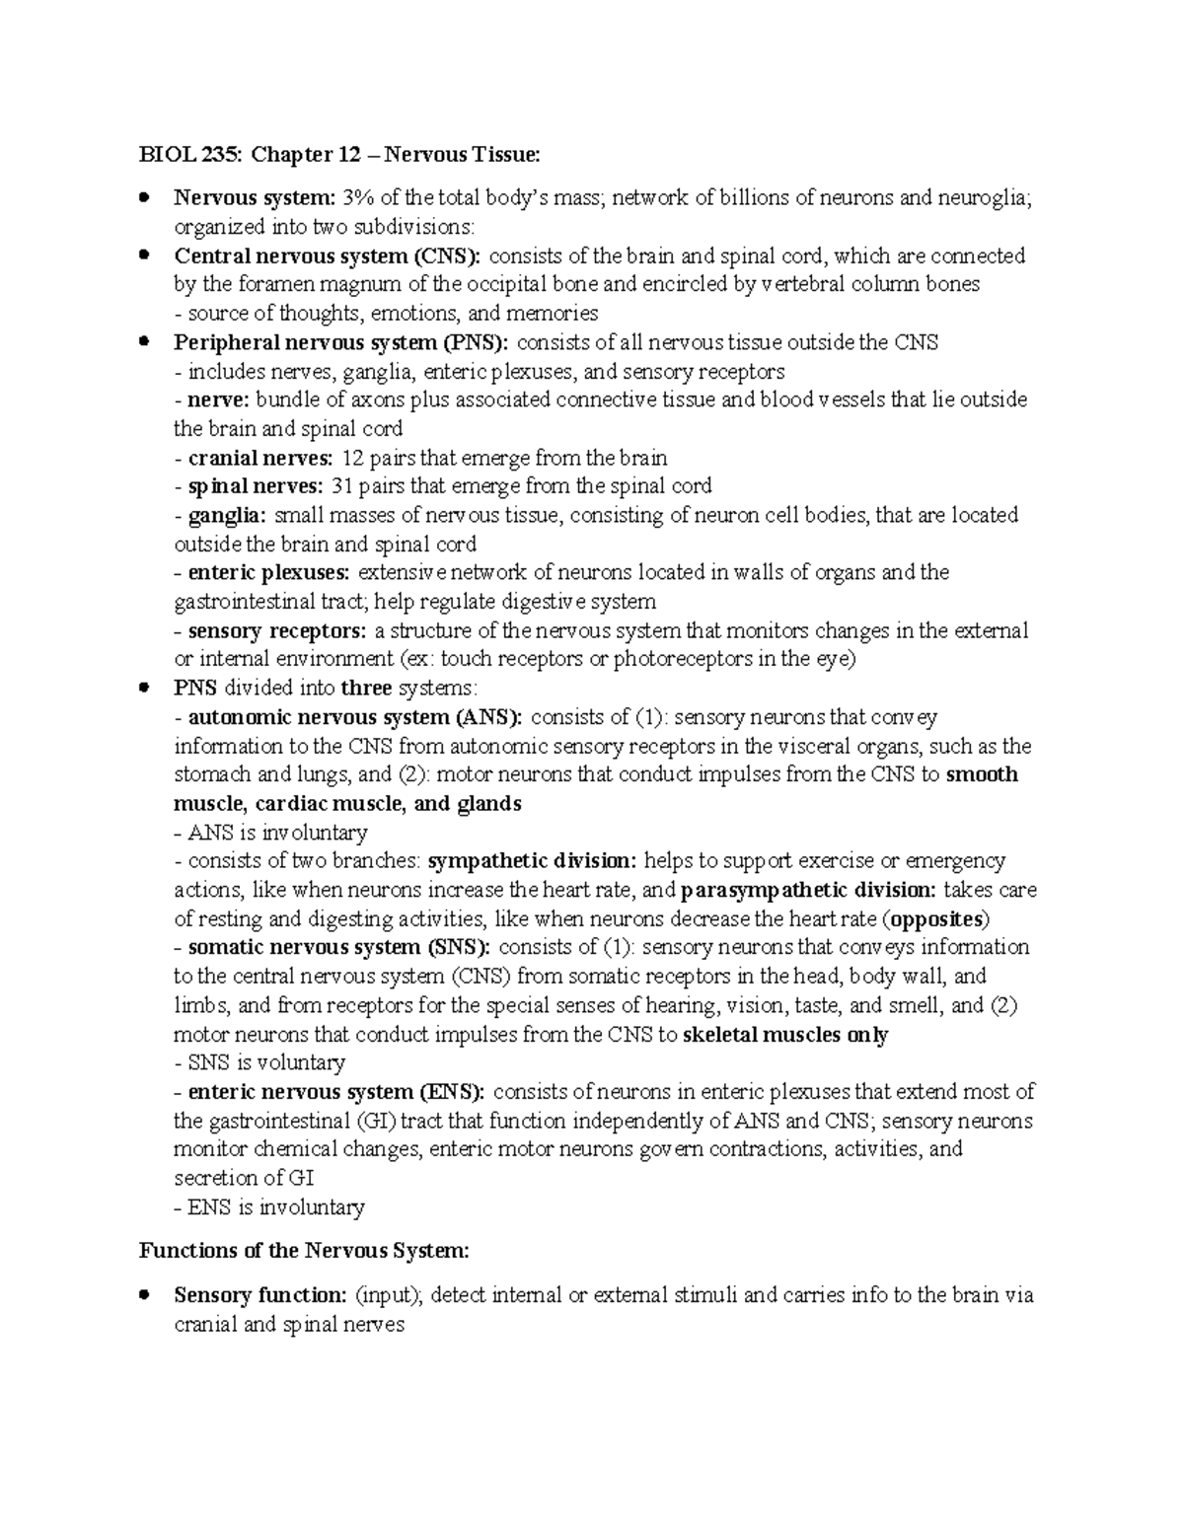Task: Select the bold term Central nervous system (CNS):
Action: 328,256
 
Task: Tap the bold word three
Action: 366,689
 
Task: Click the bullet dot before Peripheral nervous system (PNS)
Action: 145,341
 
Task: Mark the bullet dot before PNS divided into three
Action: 145,688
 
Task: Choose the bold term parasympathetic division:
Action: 809,890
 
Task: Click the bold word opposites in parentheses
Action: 936,919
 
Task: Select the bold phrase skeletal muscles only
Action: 785,1035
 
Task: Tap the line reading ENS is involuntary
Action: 269,1207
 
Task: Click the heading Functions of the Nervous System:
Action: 304,1251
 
